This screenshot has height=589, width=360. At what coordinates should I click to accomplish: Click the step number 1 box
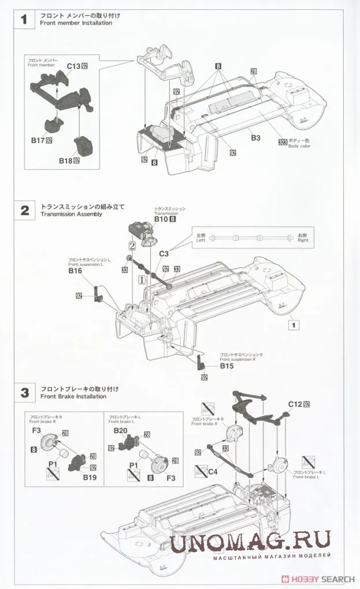24,20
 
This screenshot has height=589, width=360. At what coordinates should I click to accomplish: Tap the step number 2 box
24,211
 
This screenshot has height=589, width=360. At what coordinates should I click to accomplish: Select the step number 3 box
24,393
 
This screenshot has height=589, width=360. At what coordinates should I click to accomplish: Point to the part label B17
38,140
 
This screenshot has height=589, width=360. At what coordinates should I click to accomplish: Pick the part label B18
64,161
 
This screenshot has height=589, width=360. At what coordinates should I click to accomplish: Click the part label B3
255,138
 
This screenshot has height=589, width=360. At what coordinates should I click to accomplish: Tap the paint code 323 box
283,142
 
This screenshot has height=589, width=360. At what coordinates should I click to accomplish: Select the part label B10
161,219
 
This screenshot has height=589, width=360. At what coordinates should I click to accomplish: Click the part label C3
164,254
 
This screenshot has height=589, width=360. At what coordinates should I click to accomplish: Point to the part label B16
75,270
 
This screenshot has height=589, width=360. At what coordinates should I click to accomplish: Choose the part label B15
227,366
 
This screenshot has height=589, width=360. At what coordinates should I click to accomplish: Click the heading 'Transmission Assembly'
71,214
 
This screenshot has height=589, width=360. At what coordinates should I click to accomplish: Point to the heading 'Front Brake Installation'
73,397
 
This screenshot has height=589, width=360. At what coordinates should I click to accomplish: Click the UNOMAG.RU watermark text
250,541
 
